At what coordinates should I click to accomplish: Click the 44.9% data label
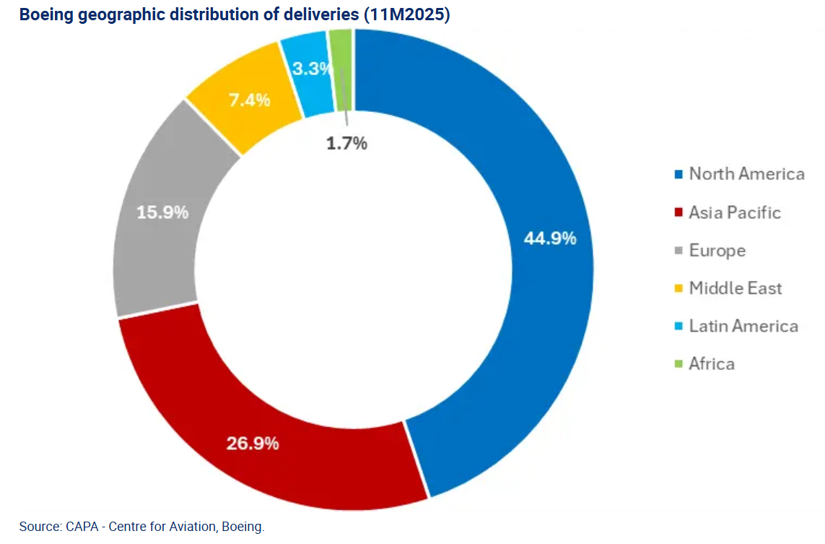(549, 238)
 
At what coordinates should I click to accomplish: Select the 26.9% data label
(252, 443)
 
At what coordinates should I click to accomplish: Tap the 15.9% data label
(162, 212)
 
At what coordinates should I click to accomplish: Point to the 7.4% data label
(249, 100)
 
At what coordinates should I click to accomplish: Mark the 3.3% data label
(312, 69)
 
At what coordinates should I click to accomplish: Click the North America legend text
(746, 174)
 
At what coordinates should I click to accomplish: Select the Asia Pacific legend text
(735, 212)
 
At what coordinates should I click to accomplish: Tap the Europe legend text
(717, 251)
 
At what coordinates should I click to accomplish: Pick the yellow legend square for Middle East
(678, 289)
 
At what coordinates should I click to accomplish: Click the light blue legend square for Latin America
(678, 327)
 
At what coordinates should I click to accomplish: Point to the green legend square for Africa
(678, 364)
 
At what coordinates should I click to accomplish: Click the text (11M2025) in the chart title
(408, 14)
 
